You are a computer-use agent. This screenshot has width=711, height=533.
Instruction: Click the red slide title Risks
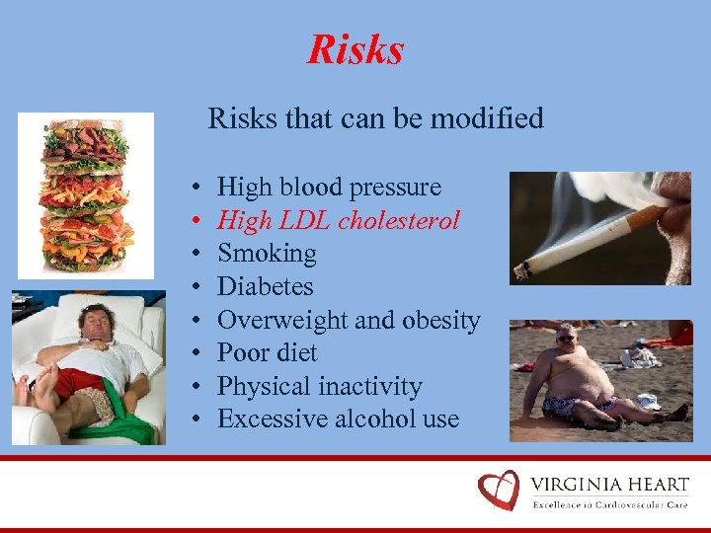pyautogui.click(x=355, y=50)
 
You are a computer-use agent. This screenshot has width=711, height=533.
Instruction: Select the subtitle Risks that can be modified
pyautogui.click(x=375, y=119)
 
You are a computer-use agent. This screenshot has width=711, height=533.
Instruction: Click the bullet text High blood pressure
pyautogui.click(x=329, y=187)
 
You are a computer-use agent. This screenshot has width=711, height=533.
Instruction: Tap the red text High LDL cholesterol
pyautogui.click(x=338, y=220)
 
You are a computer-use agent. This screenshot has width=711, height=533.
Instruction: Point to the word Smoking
pyautogui.click(x=267, y=254)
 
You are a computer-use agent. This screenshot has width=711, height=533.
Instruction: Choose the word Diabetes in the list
pyautogui.click(x=265, y=287)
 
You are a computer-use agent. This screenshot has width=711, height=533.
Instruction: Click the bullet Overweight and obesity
pyautogui.click(x=348, y=321)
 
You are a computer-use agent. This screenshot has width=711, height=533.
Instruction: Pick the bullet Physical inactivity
pyautogui.click(x=319, y=387)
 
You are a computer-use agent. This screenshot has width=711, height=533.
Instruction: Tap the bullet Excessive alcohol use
pyautogui.click(x=338, y=419)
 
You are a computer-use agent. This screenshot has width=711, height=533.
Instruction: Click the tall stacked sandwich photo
pyautogui.click(x=85, y=194)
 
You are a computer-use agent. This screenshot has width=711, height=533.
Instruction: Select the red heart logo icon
pyautogui.click(x=499, y=490)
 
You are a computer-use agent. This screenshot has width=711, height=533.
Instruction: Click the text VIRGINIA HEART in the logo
pyautogui.click(x=609, y=484)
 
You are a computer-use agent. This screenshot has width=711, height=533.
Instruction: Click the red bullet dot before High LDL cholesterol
pyautogui.click(x=197, y=221)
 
